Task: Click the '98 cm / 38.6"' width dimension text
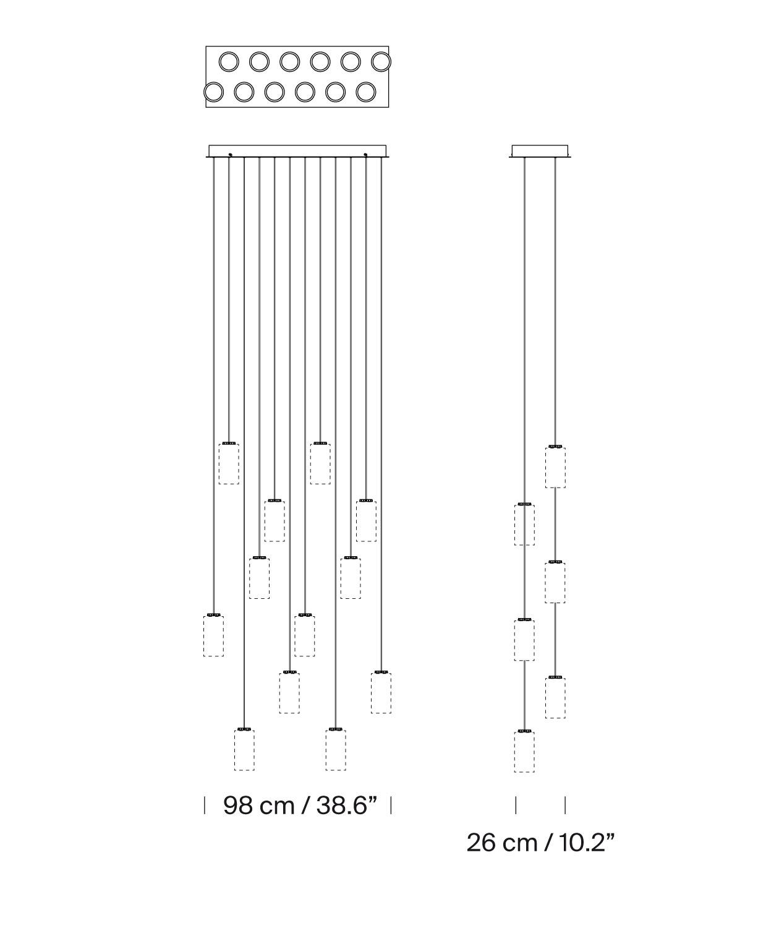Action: tap(300, 806)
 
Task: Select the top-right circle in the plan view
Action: tap(381, 62)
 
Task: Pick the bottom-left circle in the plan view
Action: tap(214, 92)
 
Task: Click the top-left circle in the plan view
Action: tap(229, 62)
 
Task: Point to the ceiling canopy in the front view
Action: tap(297, 151)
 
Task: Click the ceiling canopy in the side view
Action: tap(540, 151)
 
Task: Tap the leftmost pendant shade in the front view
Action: tap(214, 635)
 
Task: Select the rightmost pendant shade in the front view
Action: tap(381, 692)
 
